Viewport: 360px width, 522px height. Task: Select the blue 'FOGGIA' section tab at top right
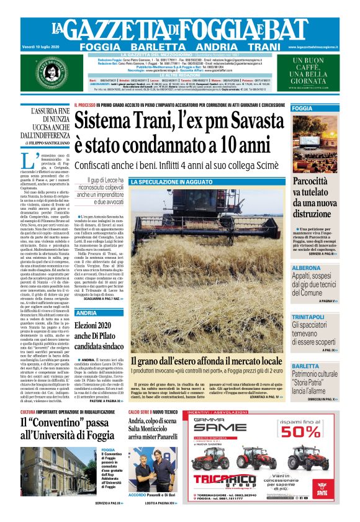click(304, 109)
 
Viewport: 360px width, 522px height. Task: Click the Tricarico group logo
click(232, 480)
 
